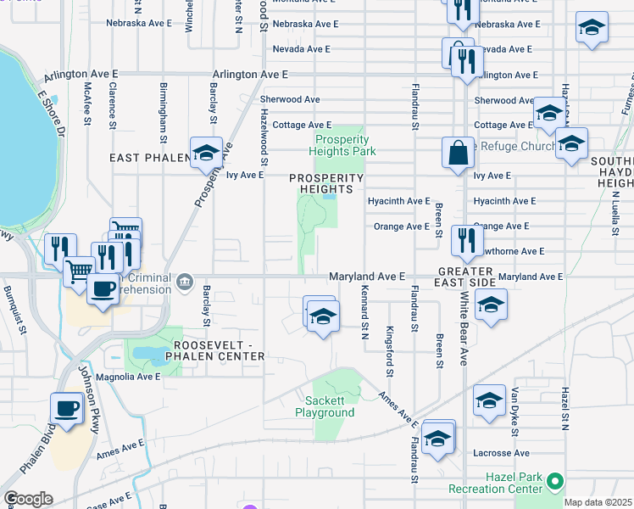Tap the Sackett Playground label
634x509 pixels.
coord(325,406)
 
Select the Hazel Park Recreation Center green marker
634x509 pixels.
coord(555,482)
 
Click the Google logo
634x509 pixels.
coord(27,499)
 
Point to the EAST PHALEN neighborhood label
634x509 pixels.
coord(147,158)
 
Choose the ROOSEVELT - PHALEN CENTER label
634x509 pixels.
coord(220,350)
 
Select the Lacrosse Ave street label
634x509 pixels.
coord(503,453)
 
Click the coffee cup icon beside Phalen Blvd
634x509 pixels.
coord(67,408)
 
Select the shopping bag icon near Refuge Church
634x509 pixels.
coord(458,154)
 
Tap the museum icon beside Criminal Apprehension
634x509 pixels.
coord(186,281)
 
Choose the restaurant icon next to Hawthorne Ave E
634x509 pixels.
coord(466,241)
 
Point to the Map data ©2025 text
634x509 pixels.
coord(598,502)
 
